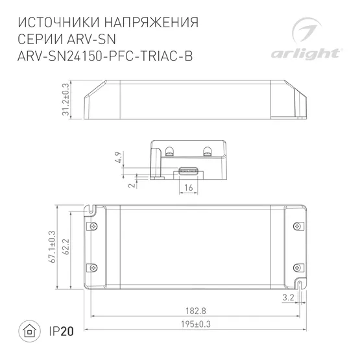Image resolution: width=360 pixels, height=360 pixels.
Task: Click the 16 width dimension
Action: pyautogui.click(x=188, y=188)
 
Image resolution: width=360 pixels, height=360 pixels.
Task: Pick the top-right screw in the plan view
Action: pyautogui.click(x=299, y=226)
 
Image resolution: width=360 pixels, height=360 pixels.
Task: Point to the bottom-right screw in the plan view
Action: pyautogui.click(x=299, y=267)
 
